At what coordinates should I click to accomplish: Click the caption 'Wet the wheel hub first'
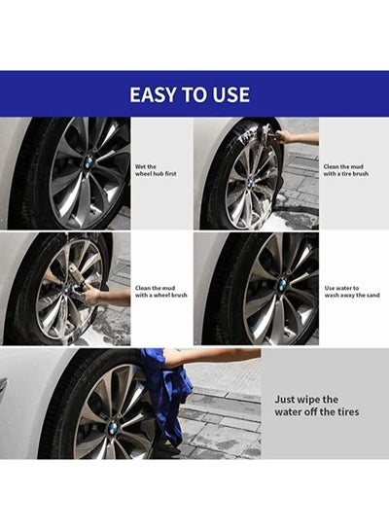point(155,171)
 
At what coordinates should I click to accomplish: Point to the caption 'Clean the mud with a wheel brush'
point(160,291)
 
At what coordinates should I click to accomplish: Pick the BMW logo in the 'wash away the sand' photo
point(282,285)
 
